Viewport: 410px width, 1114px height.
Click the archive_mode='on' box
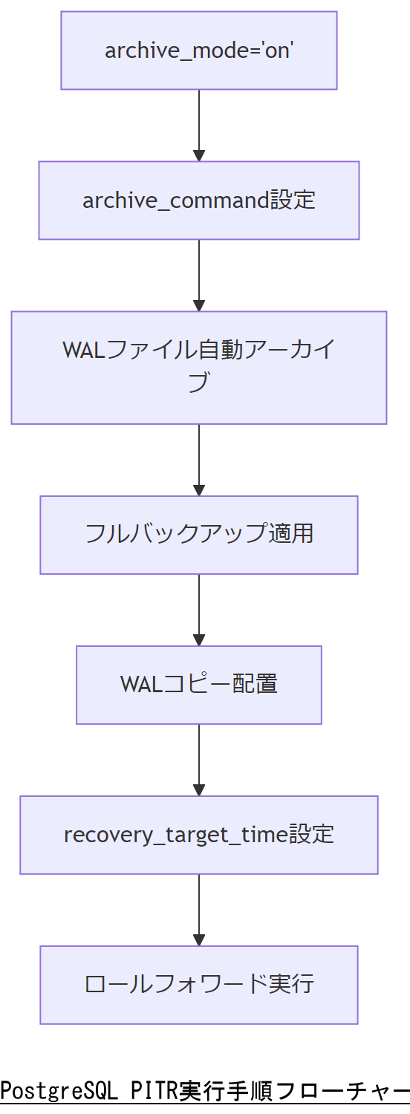[x=198, y=51]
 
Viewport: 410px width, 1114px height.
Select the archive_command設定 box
[x=198, y=201]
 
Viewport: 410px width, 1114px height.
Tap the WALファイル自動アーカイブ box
[x=198, y=368]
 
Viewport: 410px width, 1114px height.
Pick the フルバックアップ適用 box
[x=198, y=535]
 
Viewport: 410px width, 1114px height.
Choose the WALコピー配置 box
[x=198, y=685]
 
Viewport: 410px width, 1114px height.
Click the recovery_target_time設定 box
[x=198, y=835]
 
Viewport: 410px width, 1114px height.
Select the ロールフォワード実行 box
[x=198, y=985]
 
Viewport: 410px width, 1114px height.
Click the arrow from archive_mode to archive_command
[x=198, y=125]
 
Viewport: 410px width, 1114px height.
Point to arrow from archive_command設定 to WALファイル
[x=198, y=275]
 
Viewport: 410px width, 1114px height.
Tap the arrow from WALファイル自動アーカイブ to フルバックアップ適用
[x=198, y=460]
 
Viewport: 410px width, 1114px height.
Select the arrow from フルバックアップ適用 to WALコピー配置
[x=198, y=610]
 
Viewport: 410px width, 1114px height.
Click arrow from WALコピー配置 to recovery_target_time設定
[x=198, y=760]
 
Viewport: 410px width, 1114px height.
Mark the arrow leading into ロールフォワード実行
[x=198, y=910]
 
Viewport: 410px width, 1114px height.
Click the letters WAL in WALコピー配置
[x=141, y=684]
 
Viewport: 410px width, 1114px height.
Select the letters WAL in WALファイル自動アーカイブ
[x=85, y=350]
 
